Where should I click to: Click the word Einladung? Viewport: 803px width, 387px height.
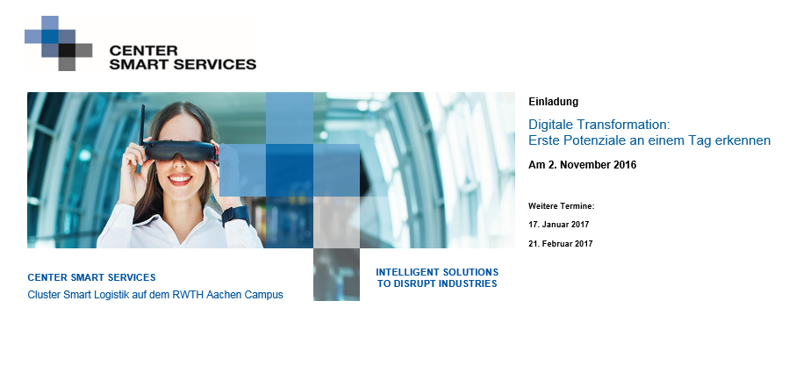553,102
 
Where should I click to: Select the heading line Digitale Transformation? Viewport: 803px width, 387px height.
599,125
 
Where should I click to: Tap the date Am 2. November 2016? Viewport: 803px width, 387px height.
582,165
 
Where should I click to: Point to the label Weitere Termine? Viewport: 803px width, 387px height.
562,206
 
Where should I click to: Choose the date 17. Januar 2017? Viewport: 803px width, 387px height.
559,225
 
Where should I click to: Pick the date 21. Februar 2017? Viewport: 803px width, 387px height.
560,244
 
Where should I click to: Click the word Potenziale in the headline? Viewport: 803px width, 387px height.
593,140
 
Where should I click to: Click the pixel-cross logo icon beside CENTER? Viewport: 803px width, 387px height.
59,43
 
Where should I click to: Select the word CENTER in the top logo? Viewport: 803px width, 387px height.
143,51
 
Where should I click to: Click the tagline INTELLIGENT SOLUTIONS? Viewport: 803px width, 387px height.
437,272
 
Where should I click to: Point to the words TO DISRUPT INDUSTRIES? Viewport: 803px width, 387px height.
437,283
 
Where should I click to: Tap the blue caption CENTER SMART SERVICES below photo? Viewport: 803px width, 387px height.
91,277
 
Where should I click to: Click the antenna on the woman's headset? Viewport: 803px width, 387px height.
143,125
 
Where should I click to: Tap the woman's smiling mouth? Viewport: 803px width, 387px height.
180,179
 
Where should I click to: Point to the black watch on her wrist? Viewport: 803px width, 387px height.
235,215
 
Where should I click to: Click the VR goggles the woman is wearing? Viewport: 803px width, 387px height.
180,151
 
